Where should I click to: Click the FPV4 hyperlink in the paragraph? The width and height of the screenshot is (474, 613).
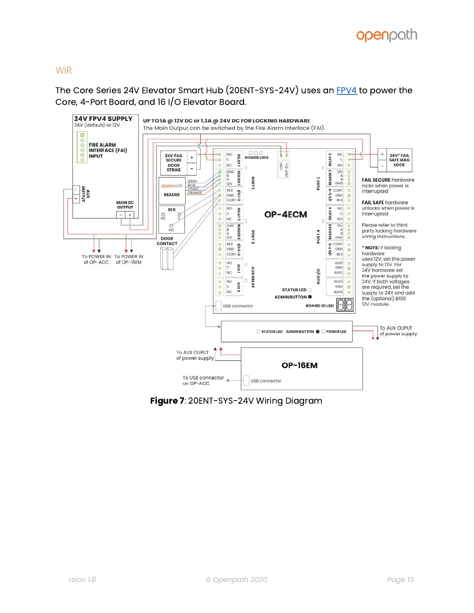tap(346, 91)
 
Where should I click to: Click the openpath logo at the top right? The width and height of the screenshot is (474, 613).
tap(386, 35)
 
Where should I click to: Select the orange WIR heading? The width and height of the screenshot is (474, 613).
tap(64, 70)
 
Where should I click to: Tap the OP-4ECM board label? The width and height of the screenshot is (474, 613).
tap(285, 214)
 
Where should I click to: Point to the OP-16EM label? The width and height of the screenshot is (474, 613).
tap(299, 365)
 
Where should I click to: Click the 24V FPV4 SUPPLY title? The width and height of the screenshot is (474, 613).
tap(103, 119)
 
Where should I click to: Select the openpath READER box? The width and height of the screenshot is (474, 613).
tap(172, 190)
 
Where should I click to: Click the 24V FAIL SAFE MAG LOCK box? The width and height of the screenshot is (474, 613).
tap(395, 160)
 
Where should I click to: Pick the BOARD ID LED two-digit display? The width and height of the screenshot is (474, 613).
tap(344, 305)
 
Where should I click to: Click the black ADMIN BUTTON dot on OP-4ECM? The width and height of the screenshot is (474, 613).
tap(310, 297)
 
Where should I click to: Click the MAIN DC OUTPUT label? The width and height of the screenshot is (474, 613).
tap(125, 205)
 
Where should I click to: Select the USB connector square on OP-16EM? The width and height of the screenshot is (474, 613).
tap(246, 380)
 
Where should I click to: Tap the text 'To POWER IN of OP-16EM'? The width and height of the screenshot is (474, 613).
tap(129, 259)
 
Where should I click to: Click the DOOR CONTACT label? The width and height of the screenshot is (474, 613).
tap(167, 241)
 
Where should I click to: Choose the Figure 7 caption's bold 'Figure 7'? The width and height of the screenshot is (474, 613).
tap(167, 401)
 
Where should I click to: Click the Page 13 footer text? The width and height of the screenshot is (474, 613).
tap(400, 579)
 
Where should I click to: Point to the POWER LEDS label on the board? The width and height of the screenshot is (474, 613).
tap(256, 158)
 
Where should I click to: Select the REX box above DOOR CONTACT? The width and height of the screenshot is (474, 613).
tap(172, 219)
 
